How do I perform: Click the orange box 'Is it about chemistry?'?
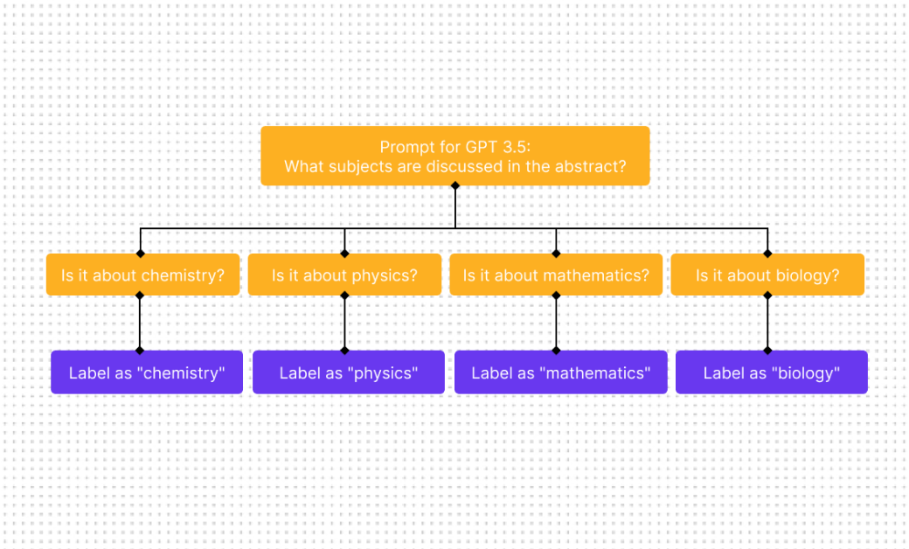coord(142,275)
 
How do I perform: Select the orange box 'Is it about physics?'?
coord(344,275)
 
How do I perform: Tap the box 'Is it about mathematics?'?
coord(556,275)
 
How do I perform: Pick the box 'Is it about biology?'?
coord(767,275)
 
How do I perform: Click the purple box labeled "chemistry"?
coord(147,373)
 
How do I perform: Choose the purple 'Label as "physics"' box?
coord(349,373)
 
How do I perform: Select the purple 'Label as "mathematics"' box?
coord(560,373)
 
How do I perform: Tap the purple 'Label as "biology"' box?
coord(771,373)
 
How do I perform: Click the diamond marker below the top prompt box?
coord(454,185)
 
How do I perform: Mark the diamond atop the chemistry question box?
coord(140,254)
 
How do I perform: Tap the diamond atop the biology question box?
coord(767,254)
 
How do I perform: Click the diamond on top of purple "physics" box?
coord(344,351)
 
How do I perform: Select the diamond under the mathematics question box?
coord(556,295)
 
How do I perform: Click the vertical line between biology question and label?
coord(767,323)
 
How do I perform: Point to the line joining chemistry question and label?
coord(140,323)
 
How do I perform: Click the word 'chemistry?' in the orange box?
coord(183,275)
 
